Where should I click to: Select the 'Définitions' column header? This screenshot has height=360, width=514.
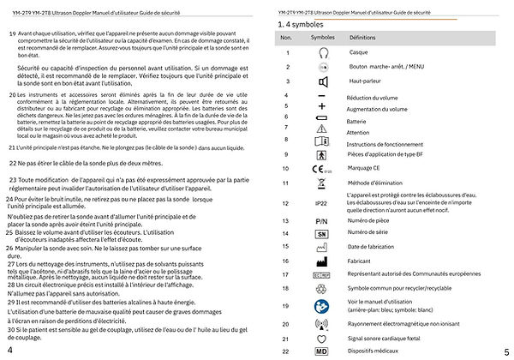[362, 39]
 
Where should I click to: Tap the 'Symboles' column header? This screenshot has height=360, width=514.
[323, 39]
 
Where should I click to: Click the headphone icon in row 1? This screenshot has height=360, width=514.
[323, 53]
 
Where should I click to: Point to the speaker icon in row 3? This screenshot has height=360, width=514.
[323, 82]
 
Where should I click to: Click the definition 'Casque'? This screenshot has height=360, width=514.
[359, 53]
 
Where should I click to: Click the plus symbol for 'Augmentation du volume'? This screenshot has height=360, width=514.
[322, 108]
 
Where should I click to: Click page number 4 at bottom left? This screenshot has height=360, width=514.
[9, 351]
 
